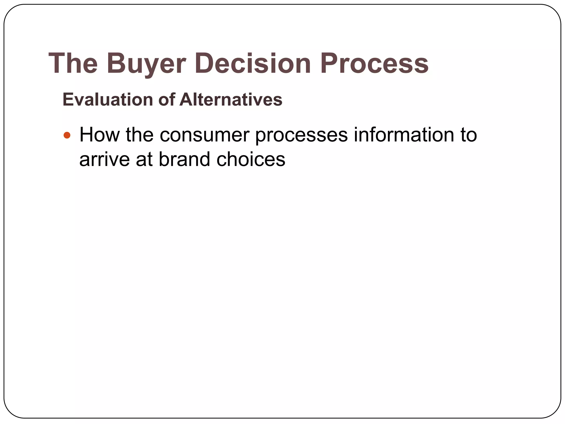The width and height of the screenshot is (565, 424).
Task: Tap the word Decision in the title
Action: click(253, 63)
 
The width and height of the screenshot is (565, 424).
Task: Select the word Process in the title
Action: click(374, 63)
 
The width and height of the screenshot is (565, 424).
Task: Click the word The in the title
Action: click(73, 63)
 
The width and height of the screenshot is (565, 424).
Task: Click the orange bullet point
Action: click(67, 135)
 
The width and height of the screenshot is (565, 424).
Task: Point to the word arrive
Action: click(104, 160)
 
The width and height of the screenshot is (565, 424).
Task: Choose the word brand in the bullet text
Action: click(184, 160)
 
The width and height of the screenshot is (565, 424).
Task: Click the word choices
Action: click(251, 160)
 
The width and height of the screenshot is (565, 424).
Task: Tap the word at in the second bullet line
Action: click(144, 160)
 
